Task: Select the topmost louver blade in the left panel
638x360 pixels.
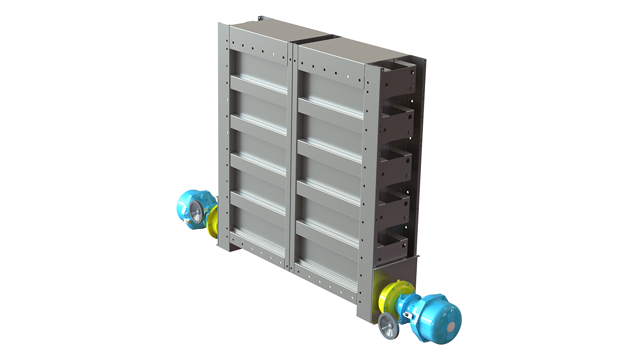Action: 258,84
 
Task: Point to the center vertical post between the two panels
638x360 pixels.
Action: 292,154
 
